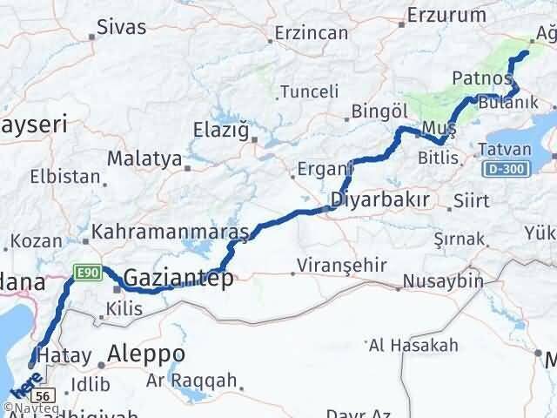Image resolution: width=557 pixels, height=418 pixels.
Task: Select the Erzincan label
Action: click(311, 33)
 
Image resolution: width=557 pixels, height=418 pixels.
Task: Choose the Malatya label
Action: click(144, 159)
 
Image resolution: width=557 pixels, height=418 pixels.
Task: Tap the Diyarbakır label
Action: click(379, 200)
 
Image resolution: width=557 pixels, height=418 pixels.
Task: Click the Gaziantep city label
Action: click(178, 279)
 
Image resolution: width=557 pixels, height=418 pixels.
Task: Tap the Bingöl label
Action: click(379, 111)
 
